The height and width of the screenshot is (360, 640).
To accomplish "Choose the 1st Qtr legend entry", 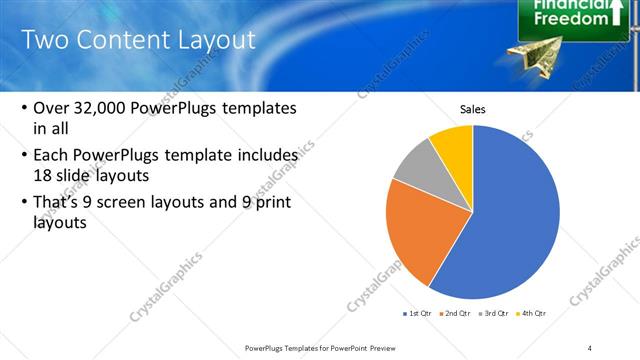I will (x=418, y=313).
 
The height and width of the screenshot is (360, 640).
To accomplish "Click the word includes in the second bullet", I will (x=266, y=155).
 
